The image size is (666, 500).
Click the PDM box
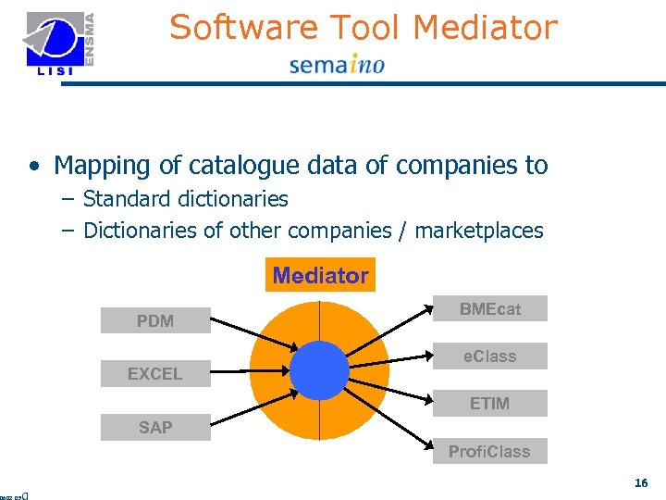click(x=155, y=321)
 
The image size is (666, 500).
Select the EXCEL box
click(x=155, y=374)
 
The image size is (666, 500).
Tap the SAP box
click(x=155, y=427)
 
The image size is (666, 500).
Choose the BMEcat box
click(x=490, y=309)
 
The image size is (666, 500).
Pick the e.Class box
click(x=490, y=356)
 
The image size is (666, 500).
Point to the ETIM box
click(x=490, y=404)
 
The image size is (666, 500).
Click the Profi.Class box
click(x=489, y=452)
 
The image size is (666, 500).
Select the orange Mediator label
click(x=320, y=275)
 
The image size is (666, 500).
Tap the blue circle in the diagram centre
click(x=319, y=371)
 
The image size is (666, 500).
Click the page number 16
click(x=641, y=482)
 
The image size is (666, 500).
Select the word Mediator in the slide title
click(x=486, y=28)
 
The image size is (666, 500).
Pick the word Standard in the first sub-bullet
click(x=122, y=199)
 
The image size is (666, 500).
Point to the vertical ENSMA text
click(x=89, y=37)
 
